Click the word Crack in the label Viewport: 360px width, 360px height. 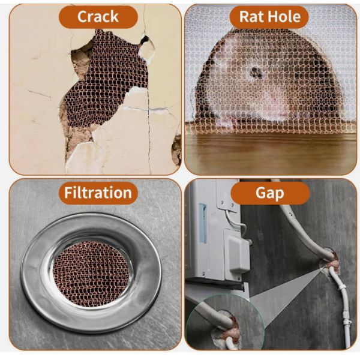98,16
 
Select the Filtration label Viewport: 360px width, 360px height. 98,193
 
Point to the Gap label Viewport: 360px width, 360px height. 270,193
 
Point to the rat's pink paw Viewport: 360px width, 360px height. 226,122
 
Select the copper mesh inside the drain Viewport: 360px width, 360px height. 91,273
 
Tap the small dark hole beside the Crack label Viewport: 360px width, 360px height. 144,40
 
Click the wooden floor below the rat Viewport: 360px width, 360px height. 270,153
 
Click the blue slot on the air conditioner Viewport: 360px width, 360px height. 202,222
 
